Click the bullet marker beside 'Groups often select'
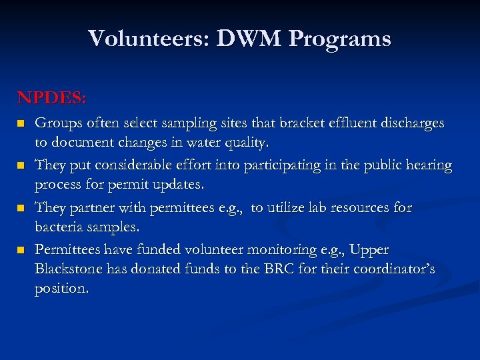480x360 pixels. point(21,124)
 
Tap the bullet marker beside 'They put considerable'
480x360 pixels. point(21,165)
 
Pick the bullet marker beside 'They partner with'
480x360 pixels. point(21,208)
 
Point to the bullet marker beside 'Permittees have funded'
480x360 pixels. point(21,250)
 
